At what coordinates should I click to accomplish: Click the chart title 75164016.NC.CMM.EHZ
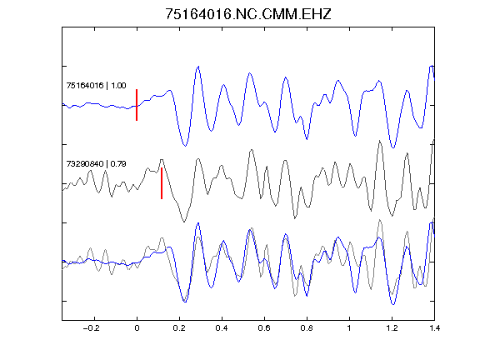(x=248, y=14)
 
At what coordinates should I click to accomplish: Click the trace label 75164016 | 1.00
(x=96, y=85)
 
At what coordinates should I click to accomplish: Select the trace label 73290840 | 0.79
(x=96, y=164)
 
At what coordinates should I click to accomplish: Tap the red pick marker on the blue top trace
(x=137, y=105)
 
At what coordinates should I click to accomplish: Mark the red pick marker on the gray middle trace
(x=162, y=183)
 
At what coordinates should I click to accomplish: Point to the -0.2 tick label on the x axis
(x=92, y=328)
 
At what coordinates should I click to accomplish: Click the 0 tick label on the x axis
(x=137, y=328)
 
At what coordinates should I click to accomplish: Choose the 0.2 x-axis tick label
(x=179, y=328)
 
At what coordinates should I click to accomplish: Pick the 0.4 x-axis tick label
(x=222, y=328)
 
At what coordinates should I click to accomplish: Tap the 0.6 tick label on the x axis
(x=264, y=328)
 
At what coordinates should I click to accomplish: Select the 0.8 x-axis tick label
(x=307, y=328)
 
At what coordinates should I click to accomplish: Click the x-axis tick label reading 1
(x=349, y=328)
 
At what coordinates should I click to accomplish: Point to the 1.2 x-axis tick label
(x=392, y=328)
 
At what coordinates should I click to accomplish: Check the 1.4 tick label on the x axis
(x=434, y=328)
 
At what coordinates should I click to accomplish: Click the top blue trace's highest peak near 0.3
(x=198, y=67)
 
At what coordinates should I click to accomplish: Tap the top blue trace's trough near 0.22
(x=185, y=146)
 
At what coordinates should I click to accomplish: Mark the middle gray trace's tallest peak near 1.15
(x=380, y=141)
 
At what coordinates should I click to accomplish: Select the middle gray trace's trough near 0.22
(x=184, y=222)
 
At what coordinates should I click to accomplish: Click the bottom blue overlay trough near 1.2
(x=393, y=304)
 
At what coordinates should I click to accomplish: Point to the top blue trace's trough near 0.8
(x=307, y=139)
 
